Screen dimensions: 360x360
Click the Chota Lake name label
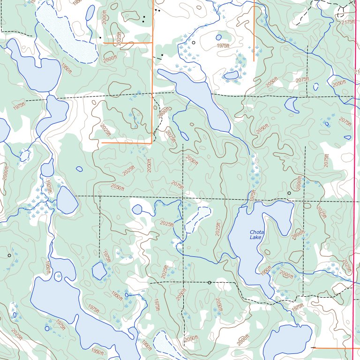tap(256, 235)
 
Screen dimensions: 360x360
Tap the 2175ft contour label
tap(348, 22)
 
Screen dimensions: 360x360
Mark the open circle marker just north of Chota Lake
tap(289, 193)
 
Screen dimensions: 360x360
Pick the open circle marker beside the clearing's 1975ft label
tap(194, 43)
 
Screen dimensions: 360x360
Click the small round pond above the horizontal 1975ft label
tap(218, 37)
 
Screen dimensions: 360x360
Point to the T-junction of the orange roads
tap(153, 43)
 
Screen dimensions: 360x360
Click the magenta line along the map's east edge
tap(353, 187)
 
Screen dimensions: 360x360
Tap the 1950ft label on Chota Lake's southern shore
tap(266, 270)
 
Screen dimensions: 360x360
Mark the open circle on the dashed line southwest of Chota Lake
tap(209, 283)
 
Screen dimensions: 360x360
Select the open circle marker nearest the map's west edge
tap(9, 255)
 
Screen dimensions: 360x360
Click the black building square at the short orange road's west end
tap(100, 37)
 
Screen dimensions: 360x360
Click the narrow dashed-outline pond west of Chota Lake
tap(197, 219)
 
